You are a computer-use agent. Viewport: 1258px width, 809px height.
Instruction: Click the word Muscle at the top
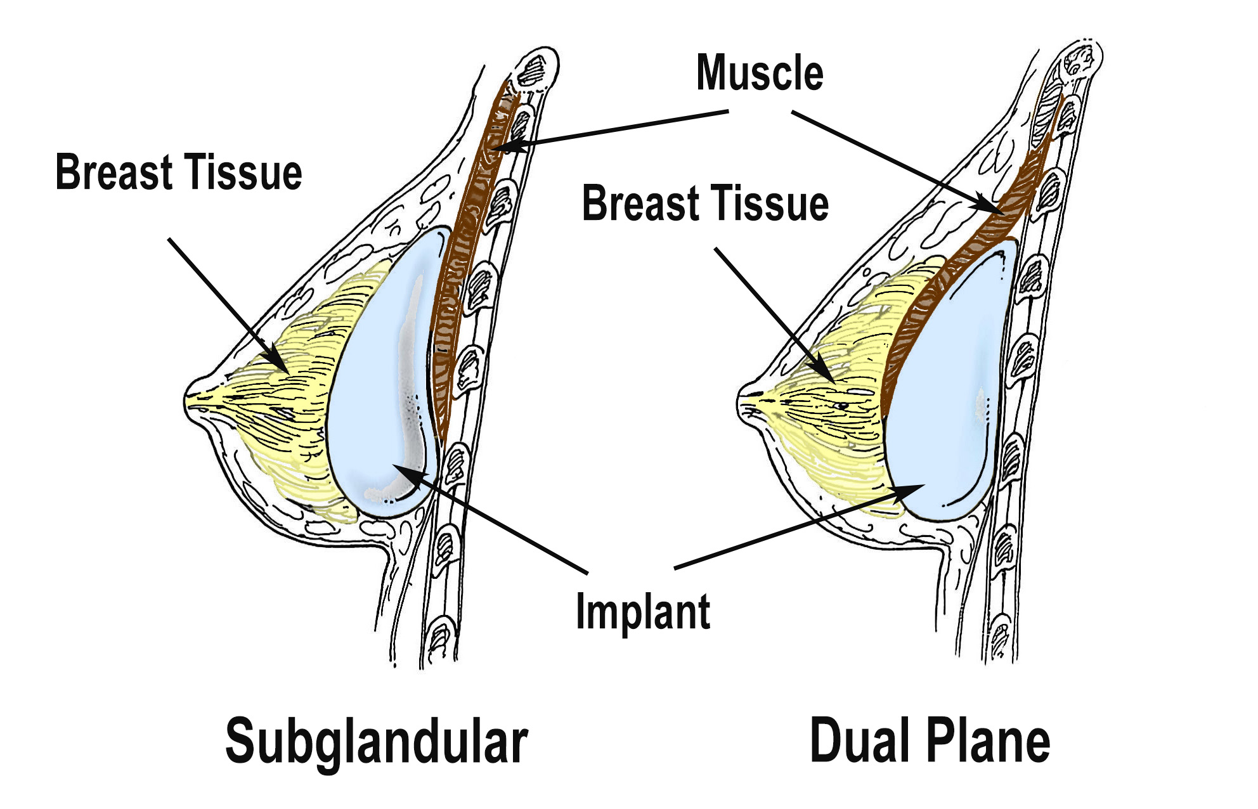[x=760, y=74]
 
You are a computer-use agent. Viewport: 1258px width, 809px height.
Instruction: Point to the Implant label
[x=643, y=612]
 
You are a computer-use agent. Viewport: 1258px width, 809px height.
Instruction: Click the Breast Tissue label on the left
[x=179, y=172]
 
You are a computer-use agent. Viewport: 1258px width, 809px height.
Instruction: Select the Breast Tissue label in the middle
[x=705, y=204]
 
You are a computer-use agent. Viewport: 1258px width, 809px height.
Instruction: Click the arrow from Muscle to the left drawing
[x=609, y=131]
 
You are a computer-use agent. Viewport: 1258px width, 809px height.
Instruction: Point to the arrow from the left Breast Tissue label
[x=228, y=304]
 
